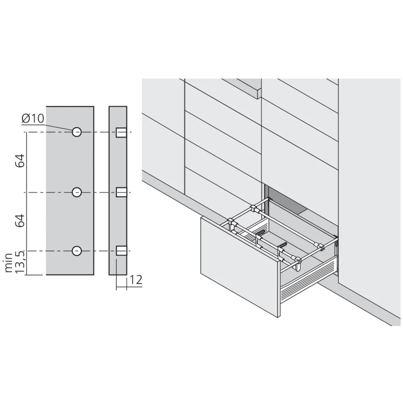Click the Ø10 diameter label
33,119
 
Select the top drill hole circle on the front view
77,132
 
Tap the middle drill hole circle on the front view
77,192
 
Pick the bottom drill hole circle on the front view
77,251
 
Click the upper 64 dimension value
21,161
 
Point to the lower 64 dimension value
21,221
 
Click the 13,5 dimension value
21,262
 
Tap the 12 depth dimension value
136,280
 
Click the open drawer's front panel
240,266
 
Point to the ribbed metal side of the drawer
308,278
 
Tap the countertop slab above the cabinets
242,87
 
